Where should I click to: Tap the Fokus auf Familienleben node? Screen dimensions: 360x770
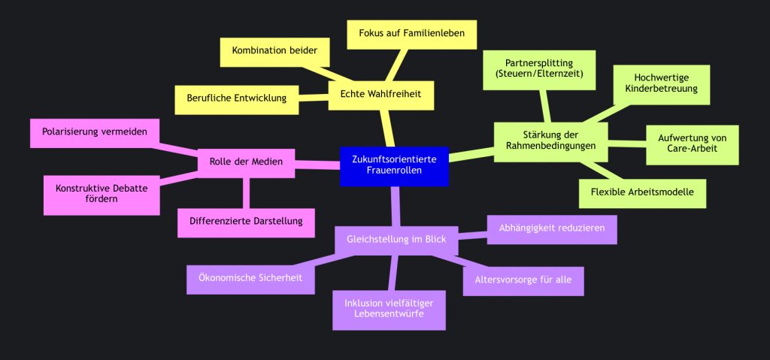(411, 34)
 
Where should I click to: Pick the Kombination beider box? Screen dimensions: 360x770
(274, 52)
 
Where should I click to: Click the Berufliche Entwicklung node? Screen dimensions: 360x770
(236, 99)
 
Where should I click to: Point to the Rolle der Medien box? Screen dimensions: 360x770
(246, 162)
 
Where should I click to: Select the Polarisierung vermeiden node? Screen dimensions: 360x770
(94, 132)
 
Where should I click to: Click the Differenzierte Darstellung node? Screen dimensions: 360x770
(246, 221)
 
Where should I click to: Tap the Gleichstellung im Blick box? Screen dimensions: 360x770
(396, 240)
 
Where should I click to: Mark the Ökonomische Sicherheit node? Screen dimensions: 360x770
(250, 278)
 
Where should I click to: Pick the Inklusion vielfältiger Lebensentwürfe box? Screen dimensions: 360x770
(389, 308)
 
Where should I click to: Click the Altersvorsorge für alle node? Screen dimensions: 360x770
(523, 280)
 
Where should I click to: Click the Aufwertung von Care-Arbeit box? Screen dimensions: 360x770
(693, 144)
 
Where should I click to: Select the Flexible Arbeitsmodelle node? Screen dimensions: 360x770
(644, 193)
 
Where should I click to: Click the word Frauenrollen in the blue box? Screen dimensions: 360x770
(394, 171)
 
